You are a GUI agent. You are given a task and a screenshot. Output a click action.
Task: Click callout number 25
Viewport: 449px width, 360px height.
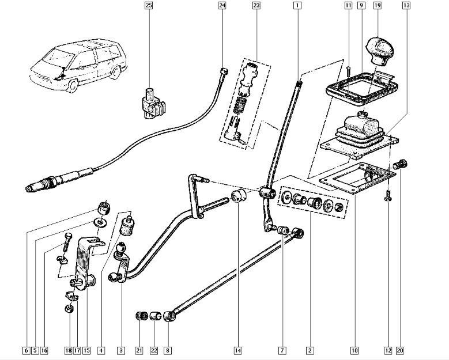coord(149,6)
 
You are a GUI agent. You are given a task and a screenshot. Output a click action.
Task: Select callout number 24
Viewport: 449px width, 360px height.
coord(222,6)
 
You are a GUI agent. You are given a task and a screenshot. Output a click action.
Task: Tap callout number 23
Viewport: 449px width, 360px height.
coord(256,6)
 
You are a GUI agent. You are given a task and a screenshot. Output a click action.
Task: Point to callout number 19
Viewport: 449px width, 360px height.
coord(378,6)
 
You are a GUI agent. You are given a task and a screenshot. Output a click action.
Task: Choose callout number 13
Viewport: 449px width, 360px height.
coord(407,6)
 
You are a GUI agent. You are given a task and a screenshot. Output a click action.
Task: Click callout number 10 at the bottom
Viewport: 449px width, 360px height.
coord(354,350)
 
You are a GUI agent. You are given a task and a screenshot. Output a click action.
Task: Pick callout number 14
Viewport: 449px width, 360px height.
coord(238,350)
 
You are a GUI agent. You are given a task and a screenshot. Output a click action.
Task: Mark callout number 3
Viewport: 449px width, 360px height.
coord(121,350)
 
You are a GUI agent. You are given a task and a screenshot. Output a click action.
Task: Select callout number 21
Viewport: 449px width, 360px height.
coord(139,350)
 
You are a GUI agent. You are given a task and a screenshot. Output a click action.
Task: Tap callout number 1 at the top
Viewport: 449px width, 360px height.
coord(297,6)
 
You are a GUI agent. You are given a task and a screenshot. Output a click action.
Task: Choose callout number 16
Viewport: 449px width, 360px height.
coord(44,350)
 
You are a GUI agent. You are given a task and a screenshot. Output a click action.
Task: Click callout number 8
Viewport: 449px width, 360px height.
coord(167,350)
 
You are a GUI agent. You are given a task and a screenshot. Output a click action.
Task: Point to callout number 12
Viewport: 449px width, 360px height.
coord(389,350)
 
